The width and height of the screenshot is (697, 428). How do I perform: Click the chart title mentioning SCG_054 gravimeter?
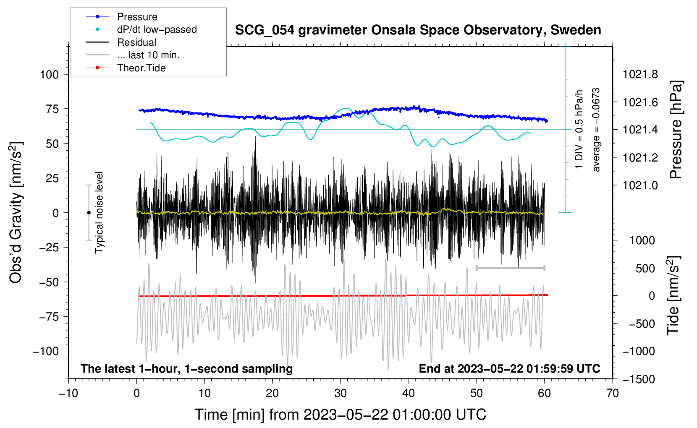(x=418, y=30)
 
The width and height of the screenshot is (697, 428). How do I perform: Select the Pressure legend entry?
(x=122, y=16)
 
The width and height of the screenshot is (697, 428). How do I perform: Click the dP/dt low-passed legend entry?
(x=141, y=29)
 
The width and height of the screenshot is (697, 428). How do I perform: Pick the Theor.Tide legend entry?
(x=126, y=68)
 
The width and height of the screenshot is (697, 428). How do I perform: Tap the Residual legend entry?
(x=121, y=42)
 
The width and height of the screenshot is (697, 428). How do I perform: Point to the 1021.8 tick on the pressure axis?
(x=640, y=74)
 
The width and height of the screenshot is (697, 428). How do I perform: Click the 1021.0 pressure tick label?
(x=640, y=185)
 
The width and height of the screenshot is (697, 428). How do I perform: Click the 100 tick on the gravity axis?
(x=49, y=75)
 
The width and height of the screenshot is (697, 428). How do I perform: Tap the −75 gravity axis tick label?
(x=49, y=317)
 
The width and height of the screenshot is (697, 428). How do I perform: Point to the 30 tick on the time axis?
(x=341, y=394)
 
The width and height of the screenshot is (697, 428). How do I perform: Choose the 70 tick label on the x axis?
(x=612, y=394)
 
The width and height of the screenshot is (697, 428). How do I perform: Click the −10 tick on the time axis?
(x=68, y=394)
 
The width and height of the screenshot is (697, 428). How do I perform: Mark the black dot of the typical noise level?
(x=89, y=213)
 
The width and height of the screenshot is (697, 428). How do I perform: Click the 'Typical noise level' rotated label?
(x=99, y=213)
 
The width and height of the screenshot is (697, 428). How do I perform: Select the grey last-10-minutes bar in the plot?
(x=510, y=268)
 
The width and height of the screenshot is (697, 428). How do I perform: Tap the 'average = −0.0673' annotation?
(x=596, y=130)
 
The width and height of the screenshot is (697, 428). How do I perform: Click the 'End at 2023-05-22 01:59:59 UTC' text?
(x=509, y=368)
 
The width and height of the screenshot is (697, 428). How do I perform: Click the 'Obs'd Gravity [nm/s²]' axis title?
(x=16, y=213)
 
